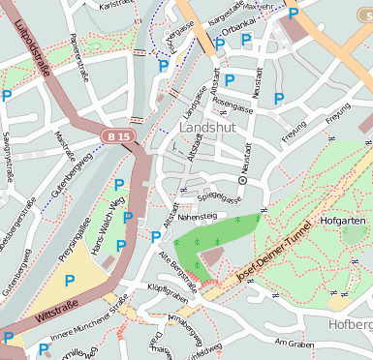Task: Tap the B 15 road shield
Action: click(118, 137)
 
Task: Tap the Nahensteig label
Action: click(198, 218)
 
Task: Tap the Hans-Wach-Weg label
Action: click(108, 225)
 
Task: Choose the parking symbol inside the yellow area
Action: click(70, 281)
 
